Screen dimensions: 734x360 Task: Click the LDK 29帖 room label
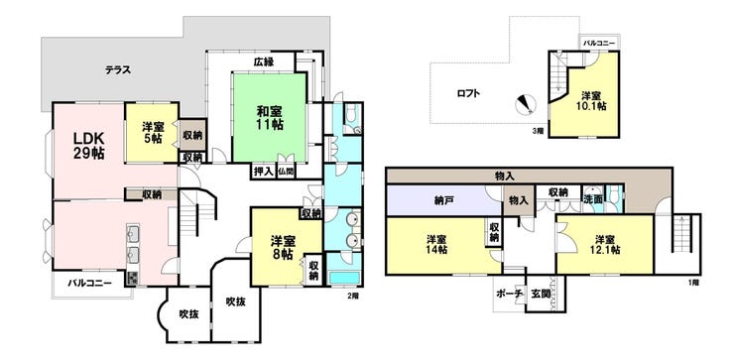click(x=88, y=146)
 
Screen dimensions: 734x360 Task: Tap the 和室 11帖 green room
click(x=270, y=118)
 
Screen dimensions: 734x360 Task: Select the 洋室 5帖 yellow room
click(x=152, y=133)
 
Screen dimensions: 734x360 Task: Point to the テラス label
click(x=117, y=70)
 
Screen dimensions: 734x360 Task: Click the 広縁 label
click(x=264, y=61)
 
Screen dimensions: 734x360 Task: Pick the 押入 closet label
click(x=263, y=172)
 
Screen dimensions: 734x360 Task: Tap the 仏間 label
click(x=286, y=172)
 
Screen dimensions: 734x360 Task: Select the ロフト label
click(x=468, y=93)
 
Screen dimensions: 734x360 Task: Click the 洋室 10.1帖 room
click(x=591, y=100)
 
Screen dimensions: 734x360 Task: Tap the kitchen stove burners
click(x=132, y=278)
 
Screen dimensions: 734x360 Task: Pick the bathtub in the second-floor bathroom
click(x=344, y=277)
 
